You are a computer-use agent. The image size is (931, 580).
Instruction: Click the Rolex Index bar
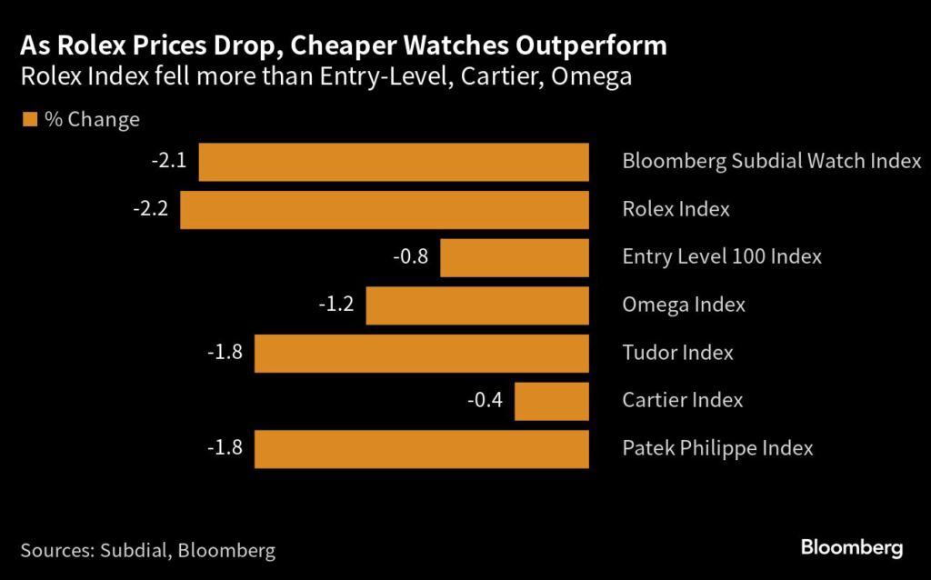(385, 210)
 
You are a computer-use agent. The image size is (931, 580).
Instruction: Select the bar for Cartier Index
(552, 401)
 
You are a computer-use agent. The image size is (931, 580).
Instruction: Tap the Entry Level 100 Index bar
(515, 257)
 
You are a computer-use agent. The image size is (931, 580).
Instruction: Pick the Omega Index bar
(477, 305)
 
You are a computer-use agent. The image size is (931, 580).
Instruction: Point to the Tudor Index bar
(422, 353)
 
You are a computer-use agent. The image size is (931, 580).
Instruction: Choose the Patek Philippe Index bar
(422, 449)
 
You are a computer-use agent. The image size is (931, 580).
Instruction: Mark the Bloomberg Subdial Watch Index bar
(394, 162)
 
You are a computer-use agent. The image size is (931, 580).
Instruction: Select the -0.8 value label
(410, 257)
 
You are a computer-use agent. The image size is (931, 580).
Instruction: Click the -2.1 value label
(169, 162)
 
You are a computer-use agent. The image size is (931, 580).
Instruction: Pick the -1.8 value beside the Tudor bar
(225, 353)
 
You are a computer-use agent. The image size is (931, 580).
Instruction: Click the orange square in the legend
(29, 120)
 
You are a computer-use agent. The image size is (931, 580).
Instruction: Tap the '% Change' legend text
(92, 120)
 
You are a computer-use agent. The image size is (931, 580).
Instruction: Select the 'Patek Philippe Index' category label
(717, 448)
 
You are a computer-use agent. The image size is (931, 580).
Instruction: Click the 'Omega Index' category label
(684, 305)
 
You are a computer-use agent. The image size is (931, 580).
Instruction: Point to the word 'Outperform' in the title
(588, 45)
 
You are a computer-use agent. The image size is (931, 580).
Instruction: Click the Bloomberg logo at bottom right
(851, 547)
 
